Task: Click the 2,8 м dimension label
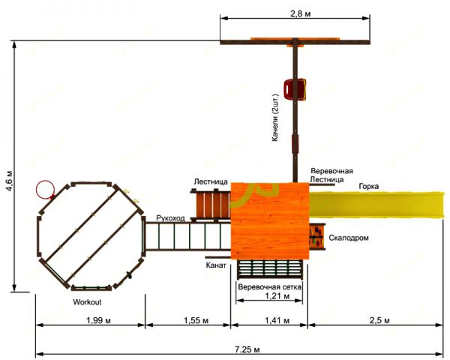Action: [x=300, y=13]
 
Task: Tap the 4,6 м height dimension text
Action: [x=10, y=181]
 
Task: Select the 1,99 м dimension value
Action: [x=99, y=320]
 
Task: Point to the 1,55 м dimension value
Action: [x=196, y=320]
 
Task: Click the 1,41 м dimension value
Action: [x=277, y=320]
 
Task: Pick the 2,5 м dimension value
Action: [x=379, y=320]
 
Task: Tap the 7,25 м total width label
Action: [x=247, y=349]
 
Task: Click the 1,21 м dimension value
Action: [x=277, y=295]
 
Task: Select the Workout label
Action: [x=87, y=302]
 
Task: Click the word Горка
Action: [x=369, y=186]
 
